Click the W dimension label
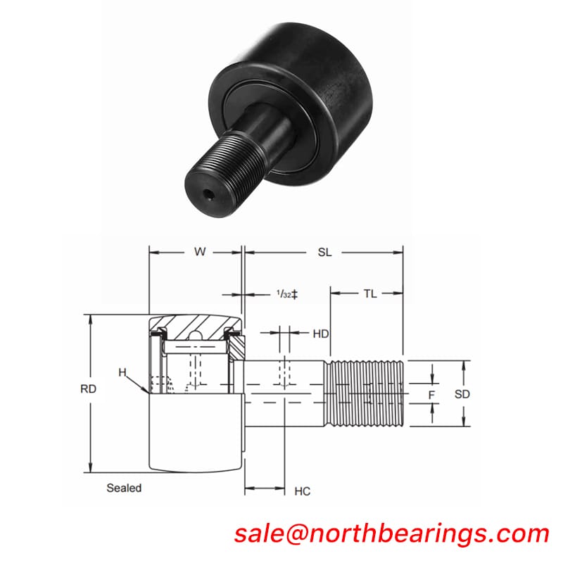200,252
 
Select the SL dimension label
324,252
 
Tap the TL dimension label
370,293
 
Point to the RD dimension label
88,388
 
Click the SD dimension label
462,395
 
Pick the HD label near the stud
320,334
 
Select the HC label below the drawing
303,491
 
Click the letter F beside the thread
431,395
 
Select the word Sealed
124,487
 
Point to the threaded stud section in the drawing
366,394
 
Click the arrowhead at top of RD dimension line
91,318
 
